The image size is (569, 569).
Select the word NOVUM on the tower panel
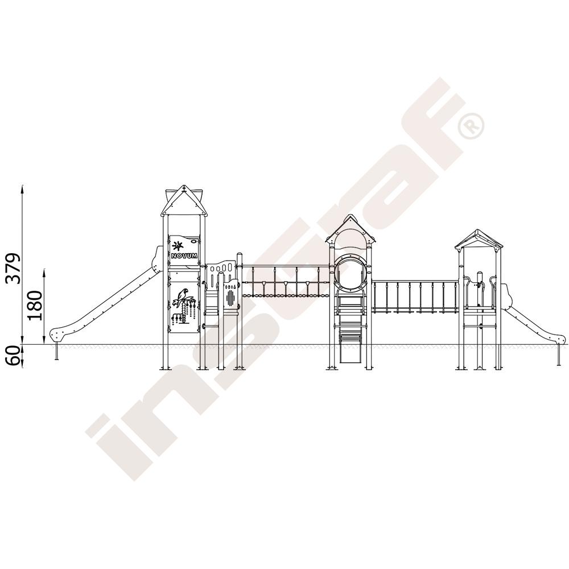pos(184,256)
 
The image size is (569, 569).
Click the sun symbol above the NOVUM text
pos(178,246)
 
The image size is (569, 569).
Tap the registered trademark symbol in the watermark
pos(471,126)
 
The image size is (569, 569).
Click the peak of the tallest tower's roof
pos(184,187)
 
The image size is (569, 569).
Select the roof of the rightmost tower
pos(479,240)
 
